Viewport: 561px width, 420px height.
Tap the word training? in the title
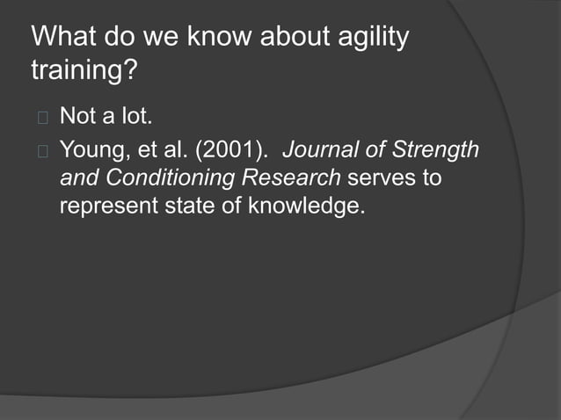pyautogui.click(x=84, y=71)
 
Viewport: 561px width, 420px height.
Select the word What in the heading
pyautogui.click(x=64, y=40)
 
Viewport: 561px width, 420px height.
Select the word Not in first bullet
pyautogui.click(x=78, y=116)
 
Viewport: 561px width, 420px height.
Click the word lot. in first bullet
pyautogui.click(x=134, y=116)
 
